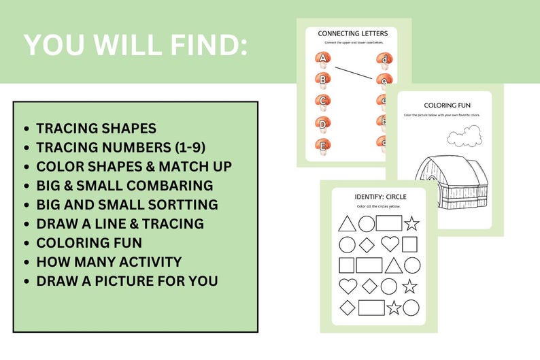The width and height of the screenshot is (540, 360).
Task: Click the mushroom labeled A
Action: click(x=323, y=61)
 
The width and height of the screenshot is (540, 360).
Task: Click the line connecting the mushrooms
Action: click(x=354, y=70)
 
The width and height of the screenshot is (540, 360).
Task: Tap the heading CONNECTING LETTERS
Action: click(x=353, y=33)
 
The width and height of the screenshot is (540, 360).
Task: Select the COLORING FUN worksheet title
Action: click(x=447, y=105)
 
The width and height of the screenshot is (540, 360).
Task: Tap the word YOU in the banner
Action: click(x=56, y=45)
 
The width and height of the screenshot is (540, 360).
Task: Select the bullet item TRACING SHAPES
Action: click(x=96, y=128)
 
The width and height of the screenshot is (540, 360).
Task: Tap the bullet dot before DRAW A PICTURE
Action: click(x=27, y=281)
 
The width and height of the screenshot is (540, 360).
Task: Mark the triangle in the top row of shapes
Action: click(x=347, y=223)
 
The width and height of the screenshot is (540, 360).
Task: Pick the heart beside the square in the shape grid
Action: click(x=390, y=244)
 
